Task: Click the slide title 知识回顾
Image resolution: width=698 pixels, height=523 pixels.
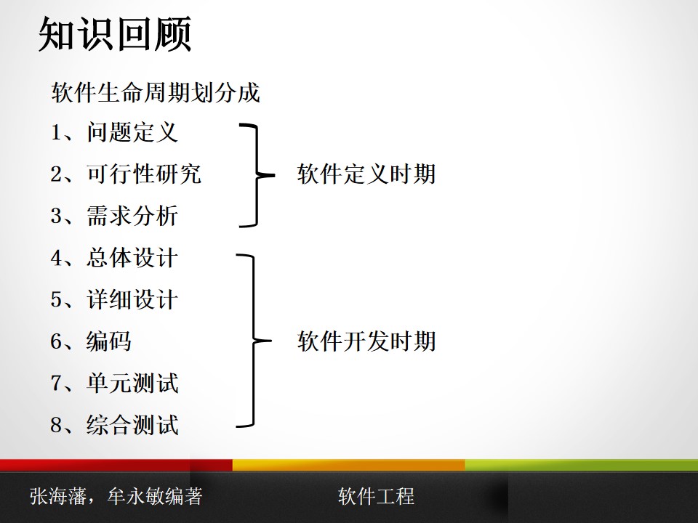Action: pyautogui.click(x=114, y=35)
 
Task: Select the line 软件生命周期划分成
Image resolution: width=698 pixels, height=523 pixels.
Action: pyautogui.click(x=156, y=93)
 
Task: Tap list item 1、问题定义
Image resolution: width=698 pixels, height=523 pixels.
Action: pyautogui.click(x=114, y=132)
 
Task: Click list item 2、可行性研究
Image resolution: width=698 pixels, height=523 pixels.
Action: pyautogui.click(x=126, y=174)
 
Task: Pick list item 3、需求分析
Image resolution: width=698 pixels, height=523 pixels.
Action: pyautogui.click(x=114, y=216)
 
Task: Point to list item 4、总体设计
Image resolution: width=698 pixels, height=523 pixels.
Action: pyautogui.click(x=114, y=258)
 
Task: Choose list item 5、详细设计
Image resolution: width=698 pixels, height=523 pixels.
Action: pyautogui.click(x=114, y=299)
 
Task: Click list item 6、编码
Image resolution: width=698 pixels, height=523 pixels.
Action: pyautogui.click(x=91, y=341)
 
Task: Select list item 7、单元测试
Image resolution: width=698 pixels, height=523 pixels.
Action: pyautogui.click(x=114, y=383)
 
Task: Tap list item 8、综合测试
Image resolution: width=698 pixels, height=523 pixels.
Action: pyautogui.click(x=114, y=425)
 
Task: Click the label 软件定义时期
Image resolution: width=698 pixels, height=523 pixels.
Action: pyautogui.click(x=366, y=174)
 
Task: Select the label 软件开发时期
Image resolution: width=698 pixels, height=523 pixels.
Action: pyautogui.click(x=366, y=341)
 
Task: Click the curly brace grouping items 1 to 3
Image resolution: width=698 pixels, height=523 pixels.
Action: pyautogui.click(x=254, y=175)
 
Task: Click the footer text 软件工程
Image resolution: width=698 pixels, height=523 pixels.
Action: pyautogui.click(x=376, y=496)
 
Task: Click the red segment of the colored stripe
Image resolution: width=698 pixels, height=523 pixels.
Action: pyautogui.click(x=116, y=465)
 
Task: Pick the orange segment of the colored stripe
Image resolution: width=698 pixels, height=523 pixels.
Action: pyautogui.click(x=349, y=465)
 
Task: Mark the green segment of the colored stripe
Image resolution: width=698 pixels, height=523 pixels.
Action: pyautogui.click(x=582, y=465)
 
